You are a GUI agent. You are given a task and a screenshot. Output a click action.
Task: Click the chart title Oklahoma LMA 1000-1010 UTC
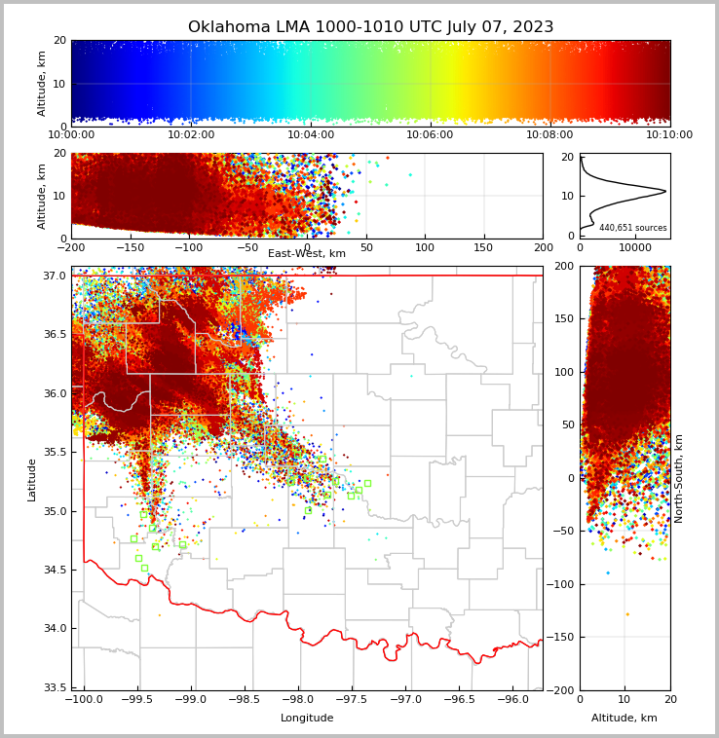point(370,27)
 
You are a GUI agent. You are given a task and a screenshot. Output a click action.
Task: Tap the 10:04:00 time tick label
point(311,135)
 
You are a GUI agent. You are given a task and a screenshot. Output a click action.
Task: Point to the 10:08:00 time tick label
point(549,135)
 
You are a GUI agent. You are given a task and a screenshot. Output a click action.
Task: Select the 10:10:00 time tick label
point(669,135)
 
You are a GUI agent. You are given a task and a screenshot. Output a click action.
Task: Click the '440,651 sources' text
point(633,228)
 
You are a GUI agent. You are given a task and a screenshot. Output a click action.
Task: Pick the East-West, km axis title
point(307,254)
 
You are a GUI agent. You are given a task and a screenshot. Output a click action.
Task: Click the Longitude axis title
point(307,718)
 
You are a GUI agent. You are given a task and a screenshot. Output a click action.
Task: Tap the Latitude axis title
point(32,479)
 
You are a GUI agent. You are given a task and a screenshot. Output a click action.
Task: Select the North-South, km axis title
point(679,478)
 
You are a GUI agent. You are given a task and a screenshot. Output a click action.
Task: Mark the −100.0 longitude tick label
point(84,700)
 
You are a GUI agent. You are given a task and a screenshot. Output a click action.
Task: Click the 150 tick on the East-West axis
point(484,247)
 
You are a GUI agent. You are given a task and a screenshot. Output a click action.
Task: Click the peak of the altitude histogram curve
point(665,191)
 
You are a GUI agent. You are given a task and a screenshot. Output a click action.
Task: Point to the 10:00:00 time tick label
point(72,135)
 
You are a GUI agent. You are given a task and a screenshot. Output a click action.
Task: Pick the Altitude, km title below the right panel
point(624,718)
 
